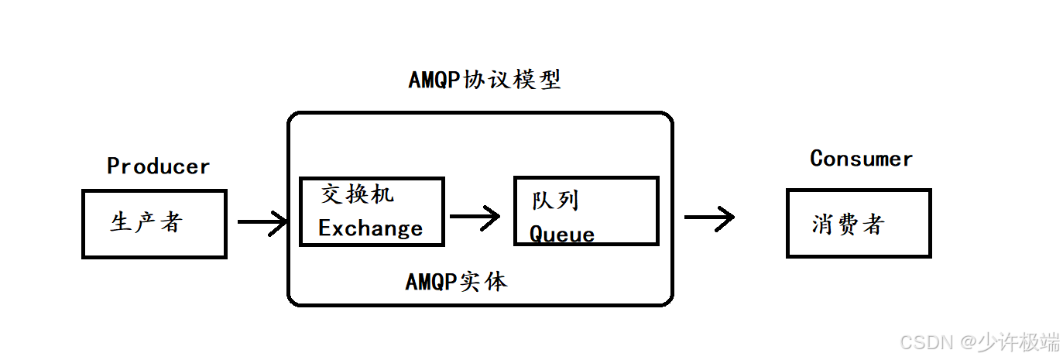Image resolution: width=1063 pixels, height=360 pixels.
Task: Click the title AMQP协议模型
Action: tap(485, 80)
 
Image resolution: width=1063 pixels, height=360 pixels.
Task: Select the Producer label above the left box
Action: tap(159, 166)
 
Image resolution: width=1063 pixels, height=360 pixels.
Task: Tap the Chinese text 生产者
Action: tap(146, 223)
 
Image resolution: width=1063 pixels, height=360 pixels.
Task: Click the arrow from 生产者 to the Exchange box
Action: tap(262, 223)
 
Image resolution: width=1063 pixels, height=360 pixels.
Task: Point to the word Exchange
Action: tap(370, 228)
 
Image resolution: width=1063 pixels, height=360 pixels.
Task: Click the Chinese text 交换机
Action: tap(357, 194)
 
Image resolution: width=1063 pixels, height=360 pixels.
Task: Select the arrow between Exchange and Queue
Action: tap(475, 218)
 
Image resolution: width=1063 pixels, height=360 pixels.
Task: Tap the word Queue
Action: tap(562, 235)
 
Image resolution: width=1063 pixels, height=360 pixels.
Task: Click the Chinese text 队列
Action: tap(555, 201)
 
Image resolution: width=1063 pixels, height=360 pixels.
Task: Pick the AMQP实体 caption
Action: tap(456, 282)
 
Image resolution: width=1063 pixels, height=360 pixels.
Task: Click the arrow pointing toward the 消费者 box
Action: tap(709, 218)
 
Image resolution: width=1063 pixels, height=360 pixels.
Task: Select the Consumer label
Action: tap(861, 159)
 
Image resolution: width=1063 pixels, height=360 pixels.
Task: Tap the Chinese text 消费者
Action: tap(848, 225)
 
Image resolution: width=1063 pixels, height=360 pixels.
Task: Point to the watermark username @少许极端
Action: tap(1010, 341)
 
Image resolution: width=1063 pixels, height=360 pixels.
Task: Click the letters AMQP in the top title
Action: tap(435, 81)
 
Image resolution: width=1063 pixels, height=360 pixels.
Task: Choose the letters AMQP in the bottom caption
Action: tap(432, 283)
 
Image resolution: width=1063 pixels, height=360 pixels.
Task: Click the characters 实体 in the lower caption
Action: tap(483, 282)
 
